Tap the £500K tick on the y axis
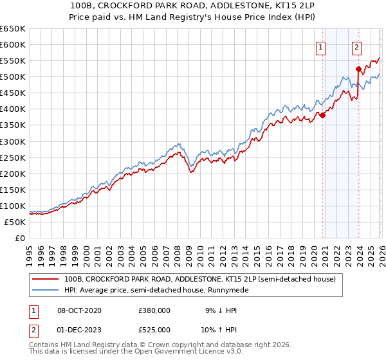tap(13, 77)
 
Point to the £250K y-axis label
tap(13, 157)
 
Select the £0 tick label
tap(19, 238)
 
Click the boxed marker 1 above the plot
tap(320, 46)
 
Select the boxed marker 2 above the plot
tap(356, 46)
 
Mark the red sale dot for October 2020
tap(323, 116)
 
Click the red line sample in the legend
tap(46, 280)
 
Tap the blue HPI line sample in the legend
tap(46, 291)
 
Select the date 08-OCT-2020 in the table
tap(79, 310)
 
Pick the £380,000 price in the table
tap(154, 310)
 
